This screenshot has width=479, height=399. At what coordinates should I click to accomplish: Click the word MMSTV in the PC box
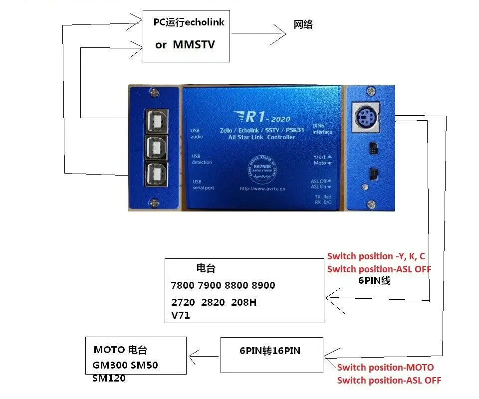pos(194,44)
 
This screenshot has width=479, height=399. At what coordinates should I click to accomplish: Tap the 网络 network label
pos(303,24)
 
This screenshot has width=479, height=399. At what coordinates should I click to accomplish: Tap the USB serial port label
pos(203,185)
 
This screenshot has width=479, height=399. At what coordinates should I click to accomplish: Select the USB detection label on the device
pos(202,159)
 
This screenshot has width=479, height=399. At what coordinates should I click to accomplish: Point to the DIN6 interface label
pos(322,129)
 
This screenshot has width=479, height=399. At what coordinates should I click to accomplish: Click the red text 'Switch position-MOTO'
pos(385,368)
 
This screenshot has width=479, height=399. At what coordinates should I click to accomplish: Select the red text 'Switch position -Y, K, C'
pos(376,256)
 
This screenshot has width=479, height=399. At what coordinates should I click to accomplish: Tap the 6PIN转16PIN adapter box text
pos(270,351)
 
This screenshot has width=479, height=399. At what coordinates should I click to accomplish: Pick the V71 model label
pos(180,315)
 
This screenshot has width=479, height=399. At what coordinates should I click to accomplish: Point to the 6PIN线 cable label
pos(374,281)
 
